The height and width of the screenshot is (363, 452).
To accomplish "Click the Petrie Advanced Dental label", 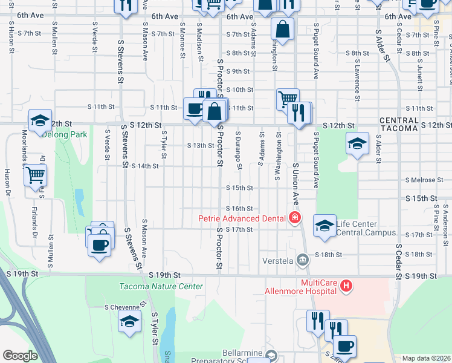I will pos(244,218).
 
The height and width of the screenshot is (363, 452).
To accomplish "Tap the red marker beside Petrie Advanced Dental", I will pos(295,218).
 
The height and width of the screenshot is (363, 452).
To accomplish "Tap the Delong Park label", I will pos(65,135).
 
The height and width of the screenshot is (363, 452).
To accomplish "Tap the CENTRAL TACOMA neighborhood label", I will pos(399,125).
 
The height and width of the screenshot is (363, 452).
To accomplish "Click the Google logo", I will pos(20,356).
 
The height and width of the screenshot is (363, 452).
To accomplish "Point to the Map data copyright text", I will pos(426,358).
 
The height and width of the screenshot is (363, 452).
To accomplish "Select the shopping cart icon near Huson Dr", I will pos(36,175).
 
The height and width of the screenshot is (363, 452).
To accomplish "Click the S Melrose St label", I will pos(425,180).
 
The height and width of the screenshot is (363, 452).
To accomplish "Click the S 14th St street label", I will pos(145,166).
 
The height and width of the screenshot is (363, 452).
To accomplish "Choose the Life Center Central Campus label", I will pos(366,229).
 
